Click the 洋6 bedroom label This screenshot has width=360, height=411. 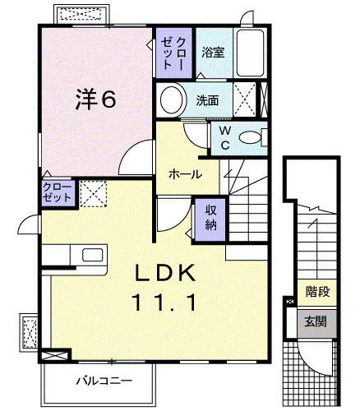click(x=95, y=99)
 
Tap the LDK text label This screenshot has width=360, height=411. click(x=165, y=273)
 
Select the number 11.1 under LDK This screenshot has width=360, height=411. click(x=164, y=302)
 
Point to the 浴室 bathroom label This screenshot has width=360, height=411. click(x=213, y=52)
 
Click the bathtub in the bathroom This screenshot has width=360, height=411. click(x=251, y=53)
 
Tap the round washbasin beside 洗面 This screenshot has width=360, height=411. click(x=172, y=99)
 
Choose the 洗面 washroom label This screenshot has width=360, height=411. click(x=207, y=100)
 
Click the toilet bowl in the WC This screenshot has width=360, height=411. click(x=250, y=137)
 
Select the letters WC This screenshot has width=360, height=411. click(x=225, y=138)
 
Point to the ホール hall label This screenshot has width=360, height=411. click(x=185, y=174)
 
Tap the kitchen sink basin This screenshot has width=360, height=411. click(x=93, y=255)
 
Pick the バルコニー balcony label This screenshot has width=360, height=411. click(x=104, y=381)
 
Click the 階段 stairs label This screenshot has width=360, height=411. click(x=317, y=292)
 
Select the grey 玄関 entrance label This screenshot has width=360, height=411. click(x=316, y=321)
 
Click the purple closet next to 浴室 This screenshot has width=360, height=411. click(x=173, y=53)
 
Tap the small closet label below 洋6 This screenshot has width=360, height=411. click(x=57, y=192)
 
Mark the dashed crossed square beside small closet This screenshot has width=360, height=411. click(x=93, y=193)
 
